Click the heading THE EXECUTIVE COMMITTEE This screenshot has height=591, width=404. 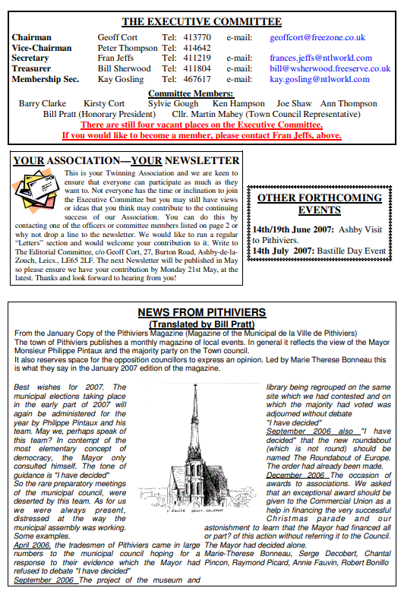click(x=201, y=21)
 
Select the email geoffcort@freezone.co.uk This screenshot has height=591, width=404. click(x=317, y=37)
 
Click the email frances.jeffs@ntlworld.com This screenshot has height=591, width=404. click(x=320, y=58)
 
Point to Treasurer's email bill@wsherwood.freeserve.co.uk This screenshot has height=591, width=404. click(x=330, y=68)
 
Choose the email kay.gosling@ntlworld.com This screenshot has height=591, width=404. click(x=320, y=79)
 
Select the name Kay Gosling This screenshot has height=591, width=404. click(x=120, y=79)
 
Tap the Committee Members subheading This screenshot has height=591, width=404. click(x=201, y=93)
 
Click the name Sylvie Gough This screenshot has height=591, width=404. click(x=173, y=103)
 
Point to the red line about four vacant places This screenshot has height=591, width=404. click(x=201, y=125)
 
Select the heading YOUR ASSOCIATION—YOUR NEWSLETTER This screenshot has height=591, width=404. click(x=127, y=161)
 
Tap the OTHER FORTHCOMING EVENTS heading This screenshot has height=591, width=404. click(x=319, y=204)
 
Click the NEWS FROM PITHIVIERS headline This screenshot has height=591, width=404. click(x=201, y=312)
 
